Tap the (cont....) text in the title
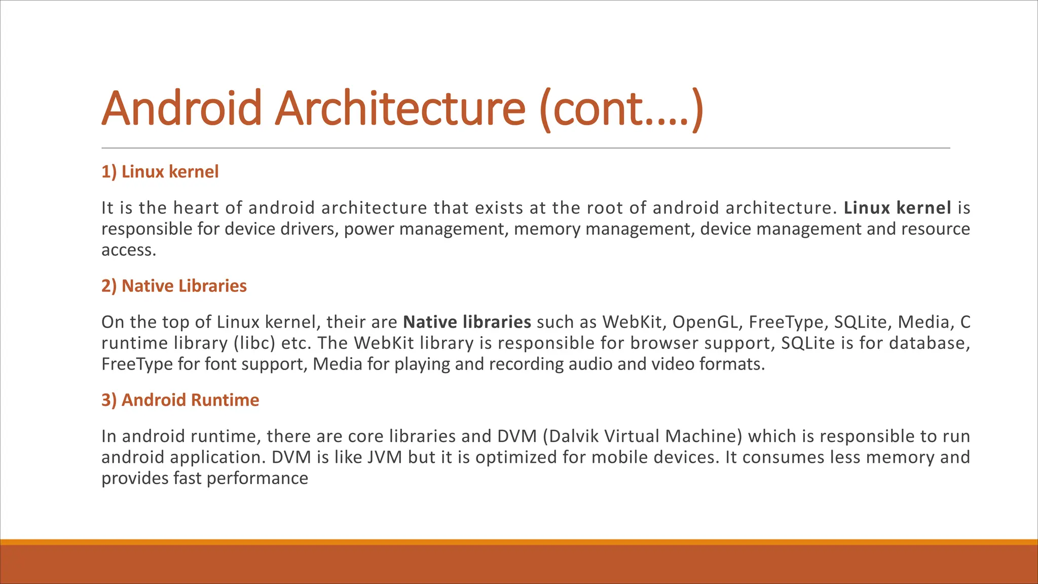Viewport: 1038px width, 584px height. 621,109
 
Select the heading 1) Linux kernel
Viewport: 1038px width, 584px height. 160,172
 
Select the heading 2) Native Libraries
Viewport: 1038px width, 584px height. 174,286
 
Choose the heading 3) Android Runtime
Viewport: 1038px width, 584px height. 180,400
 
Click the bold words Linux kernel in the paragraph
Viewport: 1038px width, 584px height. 897,208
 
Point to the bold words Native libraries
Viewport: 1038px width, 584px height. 467,322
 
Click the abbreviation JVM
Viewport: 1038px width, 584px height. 385,457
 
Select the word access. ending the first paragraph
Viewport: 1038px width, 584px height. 129,250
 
